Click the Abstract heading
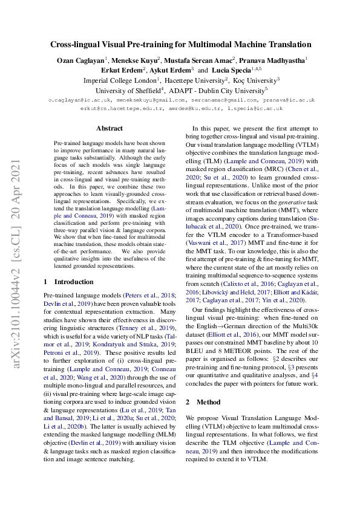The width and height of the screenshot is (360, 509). tap(110, 128)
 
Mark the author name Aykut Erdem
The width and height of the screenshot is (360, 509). tap(174, 70)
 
